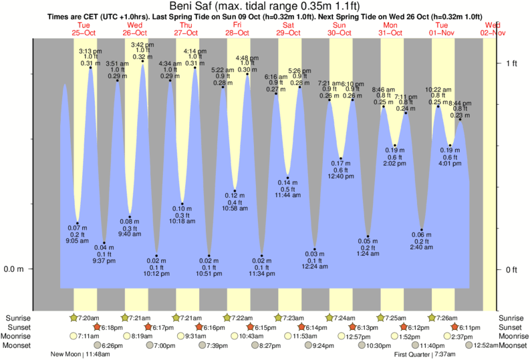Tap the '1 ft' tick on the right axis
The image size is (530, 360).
[511, 63]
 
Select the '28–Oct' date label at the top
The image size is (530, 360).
[237, 32]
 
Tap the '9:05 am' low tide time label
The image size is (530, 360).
[78, 242]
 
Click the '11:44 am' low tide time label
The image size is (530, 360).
[288, 194]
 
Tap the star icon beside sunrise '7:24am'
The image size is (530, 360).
[330, 317]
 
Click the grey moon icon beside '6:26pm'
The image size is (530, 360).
[98, 345]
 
